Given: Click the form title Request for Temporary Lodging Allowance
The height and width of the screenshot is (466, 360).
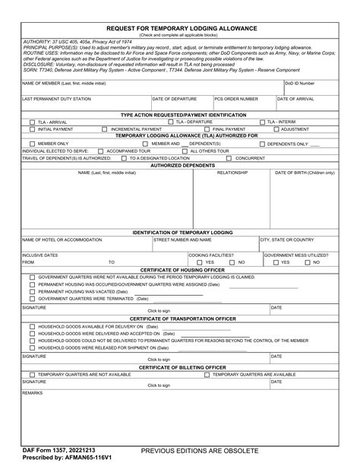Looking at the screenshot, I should coord(180,28).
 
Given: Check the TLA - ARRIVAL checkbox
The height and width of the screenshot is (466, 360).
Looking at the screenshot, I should coord(33,122).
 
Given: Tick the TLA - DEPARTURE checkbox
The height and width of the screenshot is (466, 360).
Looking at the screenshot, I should coord(170,122).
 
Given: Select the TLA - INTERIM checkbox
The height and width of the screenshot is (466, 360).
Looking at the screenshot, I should coord(261,122).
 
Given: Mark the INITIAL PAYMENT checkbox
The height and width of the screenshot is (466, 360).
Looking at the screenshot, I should coord(33,129).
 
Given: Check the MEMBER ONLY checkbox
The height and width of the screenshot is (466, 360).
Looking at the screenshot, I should coord(33,143).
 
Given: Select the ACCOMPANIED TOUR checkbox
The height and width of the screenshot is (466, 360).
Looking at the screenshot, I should coord(103,151).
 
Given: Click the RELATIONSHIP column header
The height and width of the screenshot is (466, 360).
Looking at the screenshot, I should coord(232,173).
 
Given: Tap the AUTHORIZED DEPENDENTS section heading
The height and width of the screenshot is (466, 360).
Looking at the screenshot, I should coord(180,165).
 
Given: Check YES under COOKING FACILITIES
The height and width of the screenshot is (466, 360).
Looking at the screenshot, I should coord(199,262).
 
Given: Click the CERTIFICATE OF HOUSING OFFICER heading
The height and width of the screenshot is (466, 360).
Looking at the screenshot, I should coord(180,270).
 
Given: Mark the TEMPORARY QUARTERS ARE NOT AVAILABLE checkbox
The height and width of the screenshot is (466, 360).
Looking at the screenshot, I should coord(33,374).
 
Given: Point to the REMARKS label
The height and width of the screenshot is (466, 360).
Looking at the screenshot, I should coord(33,392).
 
